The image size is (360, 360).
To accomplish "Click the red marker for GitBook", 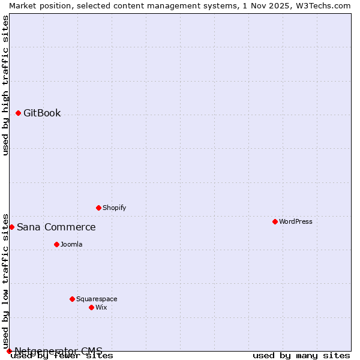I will click(19, 113).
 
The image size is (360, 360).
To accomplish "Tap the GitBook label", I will click(42, 113).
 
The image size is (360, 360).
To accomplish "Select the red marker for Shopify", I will click(99, 208).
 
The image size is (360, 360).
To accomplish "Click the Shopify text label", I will click(114, 208).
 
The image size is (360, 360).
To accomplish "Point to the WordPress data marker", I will click(275, 221).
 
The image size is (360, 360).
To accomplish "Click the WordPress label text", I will click(295, 222).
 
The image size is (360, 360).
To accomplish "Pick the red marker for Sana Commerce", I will click(11, 227).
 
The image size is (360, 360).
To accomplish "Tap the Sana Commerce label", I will click(56, 227).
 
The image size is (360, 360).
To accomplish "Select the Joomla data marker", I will click(57, 244).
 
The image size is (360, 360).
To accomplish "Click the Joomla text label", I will click(71, 245).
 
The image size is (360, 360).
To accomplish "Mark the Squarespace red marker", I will click(73, 299).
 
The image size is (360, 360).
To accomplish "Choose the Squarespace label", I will click(97, 299).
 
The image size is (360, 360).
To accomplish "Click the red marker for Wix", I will click(92, 307).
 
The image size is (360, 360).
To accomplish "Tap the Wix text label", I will click(101, 308).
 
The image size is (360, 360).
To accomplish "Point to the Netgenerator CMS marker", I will click(10, 351).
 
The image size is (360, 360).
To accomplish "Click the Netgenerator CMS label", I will click(58, 351).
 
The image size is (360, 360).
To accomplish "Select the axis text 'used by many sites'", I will click(301, 356).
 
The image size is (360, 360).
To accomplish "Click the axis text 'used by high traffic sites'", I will click(5, 85).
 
